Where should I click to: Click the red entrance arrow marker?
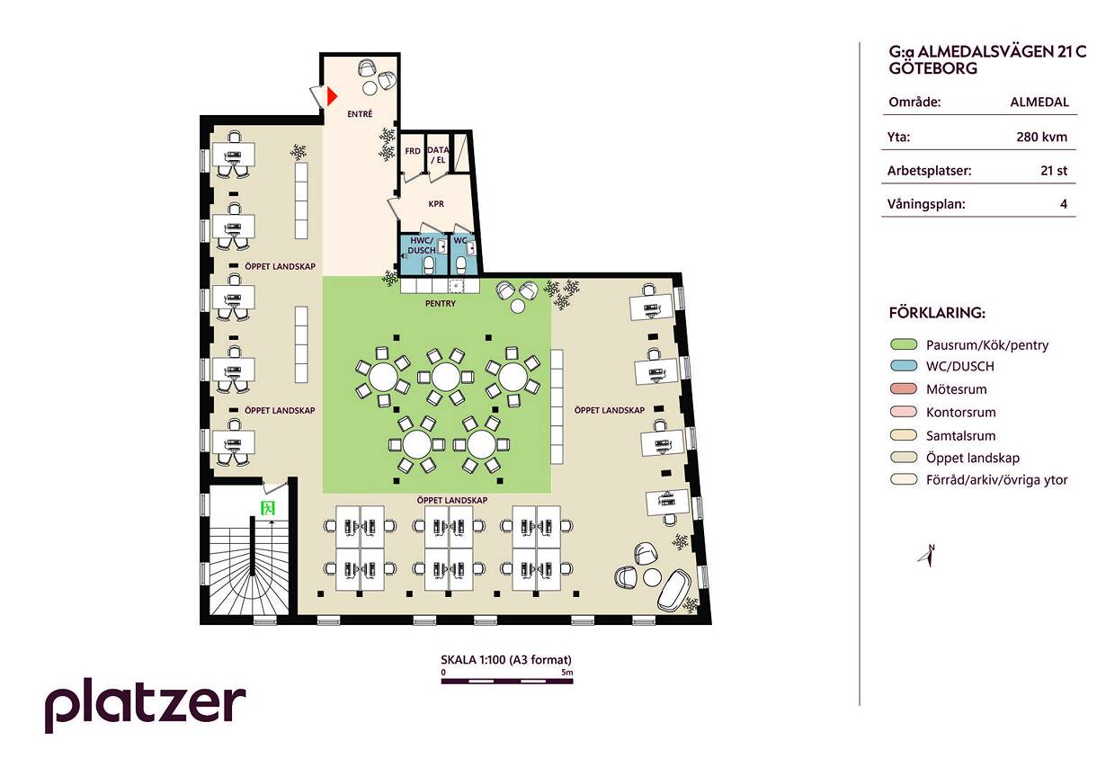tap(332, 96)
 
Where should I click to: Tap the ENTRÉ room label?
tap(360, 114)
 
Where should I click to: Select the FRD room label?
tap(413, 151)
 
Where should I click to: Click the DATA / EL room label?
tap(438, 155)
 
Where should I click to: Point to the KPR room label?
tap(436, 204)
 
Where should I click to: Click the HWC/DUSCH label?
tap(421, 245)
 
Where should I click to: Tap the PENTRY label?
tap(440, 304)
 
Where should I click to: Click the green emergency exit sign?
tap(268, 508)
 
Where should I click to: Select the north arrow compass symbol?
tap(927, 557)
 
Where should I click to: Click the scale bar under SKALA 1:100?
tap(507, 681)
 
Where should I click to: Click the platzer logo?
tap(145, 705)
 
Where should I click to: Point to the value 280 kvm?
tap(1041, 137)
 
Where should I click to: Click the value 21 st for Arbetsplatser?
tap(1054, 171)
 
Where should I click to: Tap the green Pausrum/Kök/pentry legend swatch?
tap(904, 344)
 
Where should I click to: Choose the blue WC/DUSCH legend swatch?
tap(904, 366)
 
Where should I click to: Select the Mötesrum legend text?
tap(956, 389)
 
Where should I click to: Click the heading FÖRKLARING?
tap(937, 313)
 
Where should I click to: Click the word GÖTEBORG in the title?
tap(933, 68)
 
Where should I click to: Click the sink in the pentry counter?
tap(456, 285)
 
